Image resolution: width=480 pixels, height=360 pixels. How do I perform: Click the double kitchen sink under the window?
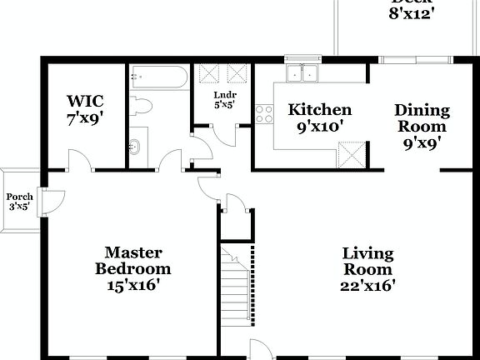click(302, 75)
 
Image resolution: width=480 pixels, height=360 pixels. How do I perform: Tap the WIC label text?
click(84, 102)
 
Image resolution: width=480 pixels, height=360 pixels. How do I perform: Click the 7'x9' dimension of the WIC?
click(84, 118)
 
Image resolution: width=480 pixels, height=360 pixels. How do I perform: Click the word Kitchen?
click(319, 110)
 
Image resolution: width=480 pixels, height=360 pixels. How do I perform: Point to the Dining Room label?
click(422, 118)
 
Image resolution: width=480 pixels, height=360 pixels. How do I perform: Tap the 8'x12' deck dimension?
click(412, 15)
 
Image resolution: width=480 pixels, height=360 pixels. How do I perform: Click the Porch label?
click(20, 197)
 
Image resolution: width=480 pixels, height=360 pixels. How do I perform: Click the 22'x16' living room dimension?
click(367, 286)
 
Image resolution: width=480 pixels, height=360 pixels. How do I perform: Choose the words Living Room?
click(367, 262)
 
